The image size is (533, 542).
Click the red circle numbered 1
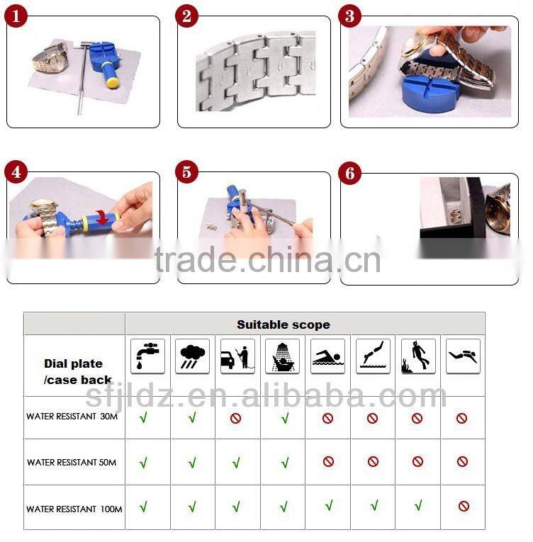16,16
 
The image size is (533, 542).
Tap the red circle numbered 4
16,171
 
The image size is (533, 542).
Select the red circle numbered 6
349,173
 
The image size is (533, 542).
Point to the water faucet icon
147,356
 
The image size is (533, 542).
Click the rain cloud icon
192,356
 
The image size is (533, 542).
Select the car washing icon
237,356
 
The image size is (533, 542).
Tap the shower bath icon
283,356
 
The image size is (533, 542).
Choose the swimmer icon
327,356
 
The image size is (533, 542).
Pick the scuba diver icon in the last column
463,356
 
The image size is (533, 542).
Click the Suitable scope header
284,324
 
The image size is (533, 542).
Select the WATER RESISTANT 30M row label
72,416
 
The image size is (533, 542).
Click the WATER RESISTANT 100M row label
74,509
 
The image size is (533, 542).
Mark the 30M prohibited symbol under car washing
235,418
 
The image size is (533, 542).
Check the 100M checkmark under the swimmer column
329,505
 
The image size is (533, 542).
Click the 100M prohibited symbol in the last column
464,506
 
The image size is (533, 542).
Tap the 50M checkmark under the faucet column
143,462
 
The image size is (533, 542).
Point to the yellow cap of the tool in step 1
112,82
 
